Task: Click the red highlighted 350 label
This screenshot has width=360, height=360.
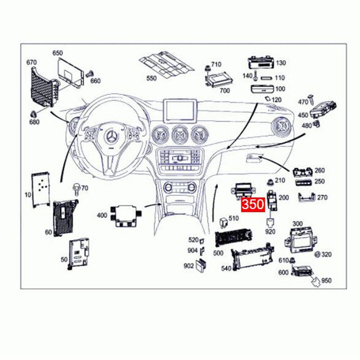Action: [253, 205]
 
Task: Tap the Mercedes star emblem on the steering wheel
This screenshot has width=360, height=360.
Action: [111, 136]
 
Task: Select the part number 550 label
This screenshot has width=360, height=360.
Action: [151, 78]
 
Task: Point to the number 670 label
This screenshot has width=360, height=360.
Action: [31, 62]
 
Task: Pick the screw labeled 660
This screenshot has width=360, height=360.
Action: [89, 73]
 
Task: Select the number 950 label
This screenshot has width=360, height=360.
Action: [326, 280]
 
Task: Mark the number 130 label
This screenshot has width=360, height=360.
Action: [281, 63]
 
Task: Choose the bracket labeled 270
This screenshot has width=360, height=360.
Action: [308, 197]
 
